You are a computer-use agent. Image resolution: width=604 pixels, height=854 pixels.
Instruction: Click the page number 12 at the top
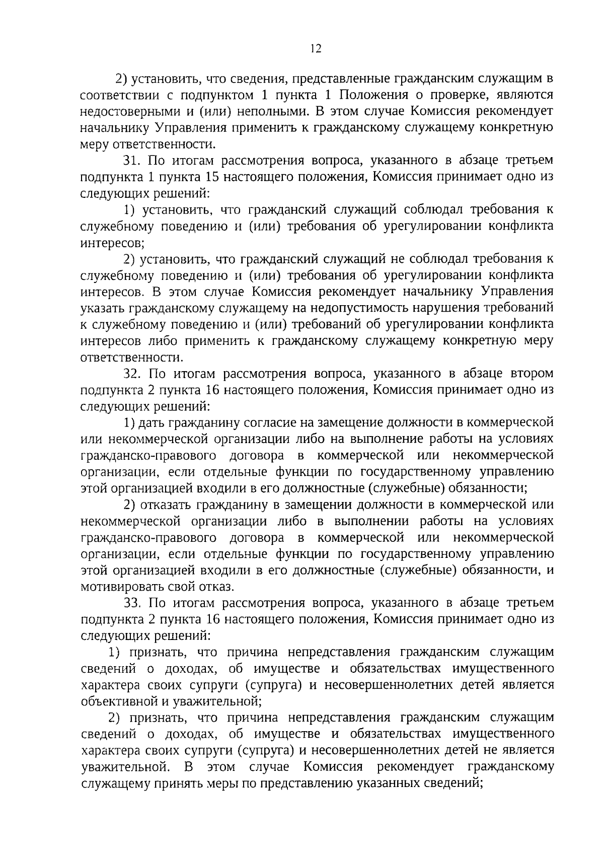pyautogui.click(x=316, y=49)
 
